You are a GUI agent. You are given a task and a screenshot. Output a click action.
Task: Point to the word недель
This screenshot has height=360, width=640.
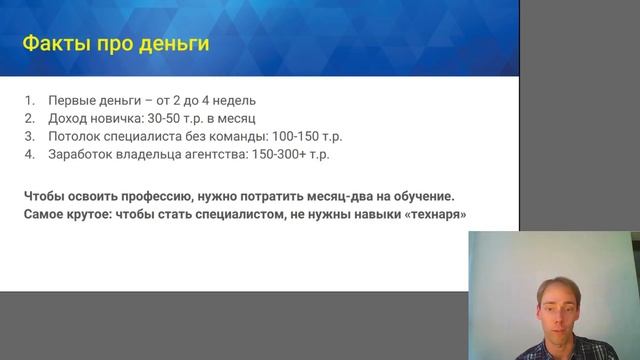(x=235, y=101)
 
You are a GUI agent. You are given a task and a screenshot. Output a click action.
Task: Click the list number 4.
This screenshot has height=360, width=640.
(x=30, y=155)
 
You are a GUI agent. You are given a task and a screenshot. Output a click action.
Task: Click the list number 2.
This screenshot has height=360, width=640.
(x=30, y=119)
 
